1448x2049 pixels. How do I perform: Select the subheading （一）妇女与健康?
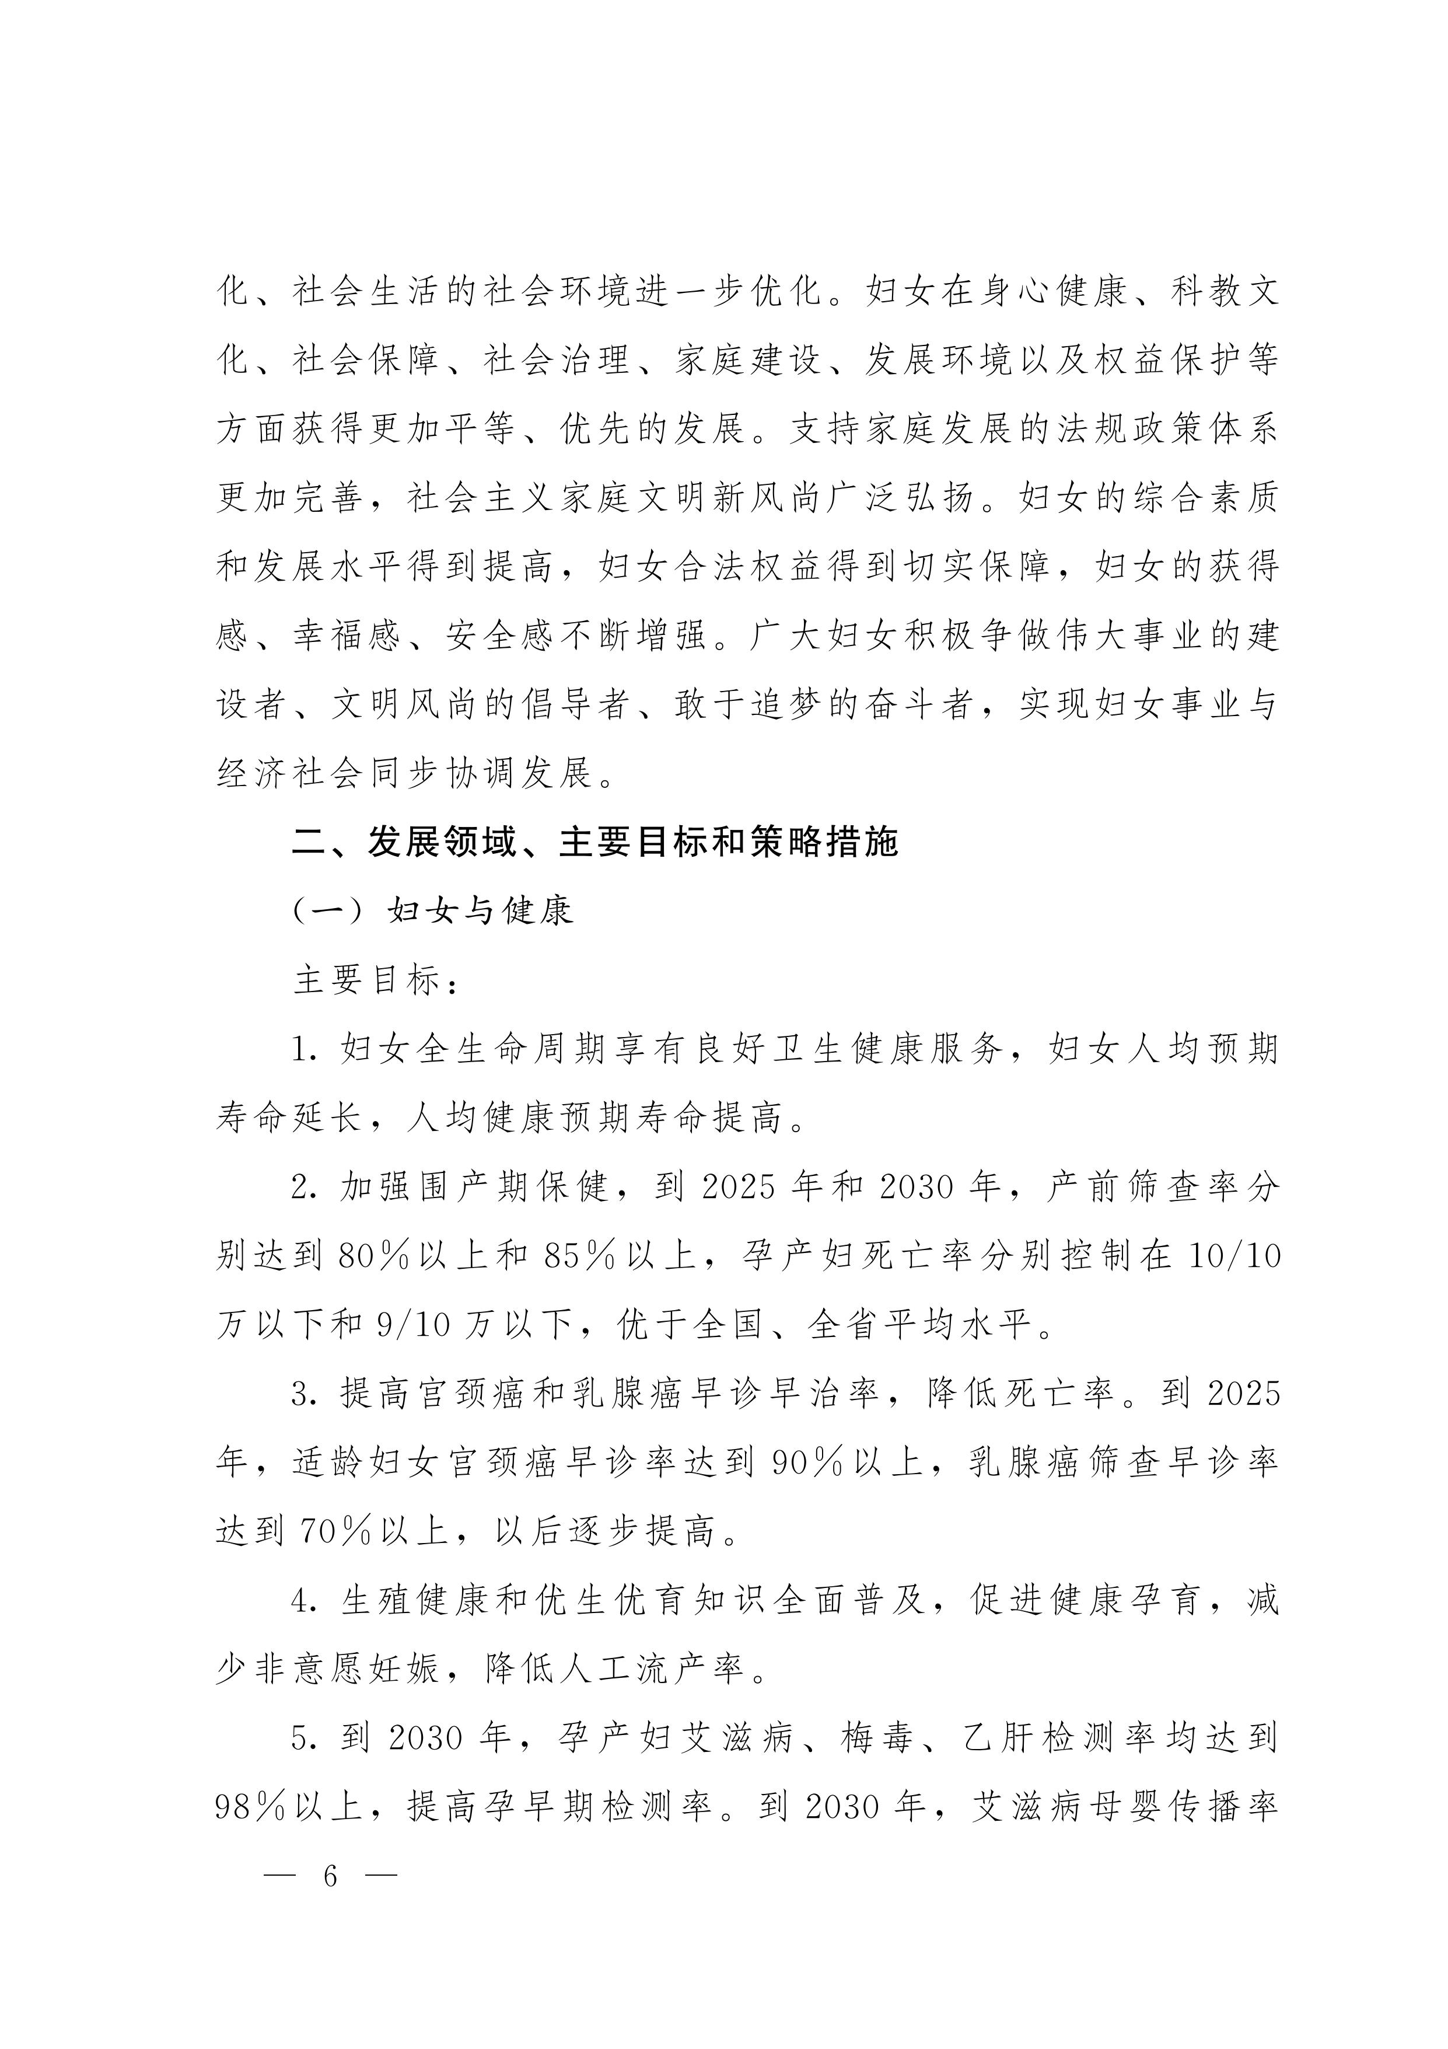point(433,911)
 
